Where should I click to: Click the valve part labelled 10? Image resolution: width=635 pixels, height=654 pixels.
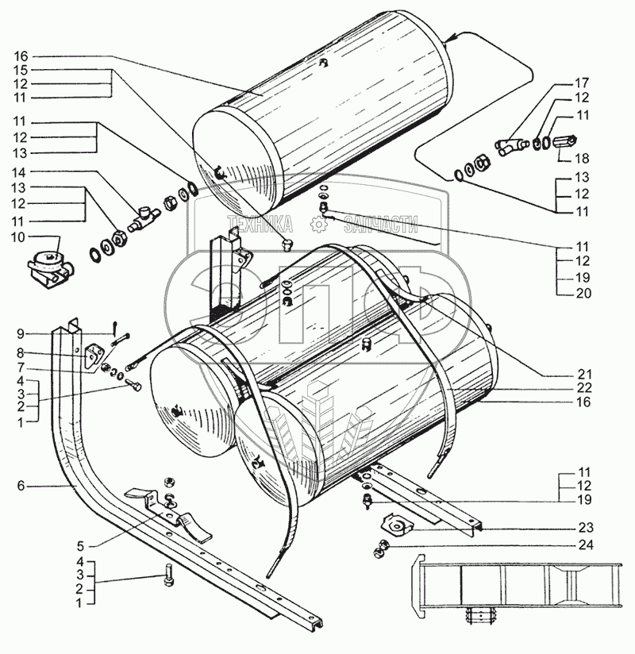(49, 264)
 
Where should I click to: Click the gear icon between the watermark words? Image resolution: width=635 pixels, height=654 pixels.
(317, 227)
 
